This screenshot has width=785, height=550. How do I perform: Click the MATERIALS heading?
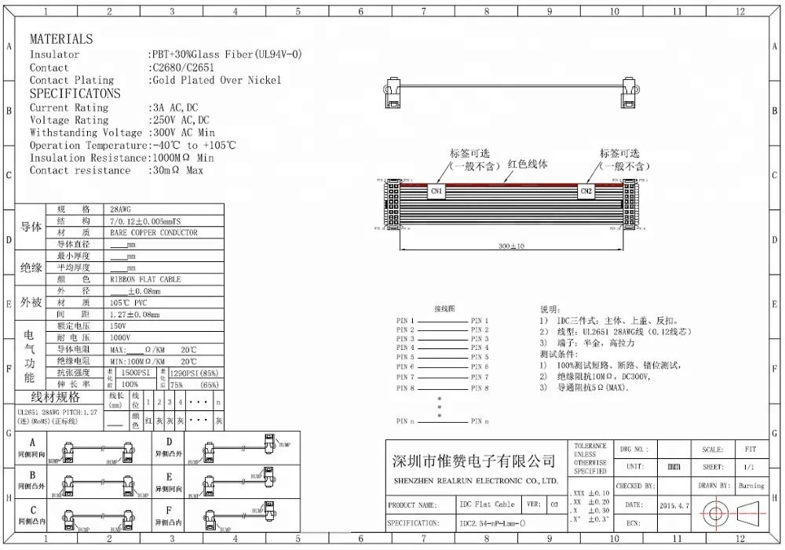point(61,38)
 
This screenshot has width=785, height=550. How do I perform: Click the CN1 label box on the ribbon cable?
point(437,191)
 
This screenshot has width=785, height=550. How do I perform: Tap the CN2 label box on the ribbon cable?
point(586,191)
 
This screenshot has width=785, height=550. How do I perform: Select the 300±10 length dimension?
point(511,246)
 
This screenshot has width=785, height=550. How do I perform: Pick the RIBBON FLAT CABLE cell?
point(145,279)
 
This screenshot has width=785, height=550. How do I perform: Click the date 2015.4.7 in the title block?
point(675,506)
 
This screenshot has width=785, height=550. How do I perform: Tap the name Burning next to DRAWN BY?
point(751,486)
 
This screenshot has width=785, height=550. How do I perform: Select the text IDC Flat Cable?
point(487,504)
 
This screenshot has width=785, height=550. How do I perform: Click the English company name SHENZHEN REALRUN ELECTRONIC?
point(474,480)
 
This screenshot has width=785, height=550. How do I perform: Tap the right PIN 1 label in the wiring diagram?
point(480,321)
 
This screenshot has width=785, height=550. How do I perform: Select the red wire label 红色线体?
point(528,165)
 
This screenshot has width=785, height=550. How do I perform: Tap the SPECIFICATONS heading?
point(75,93)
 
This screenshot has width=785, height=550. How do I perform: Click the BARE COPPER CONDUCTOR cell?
point(154,233)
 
